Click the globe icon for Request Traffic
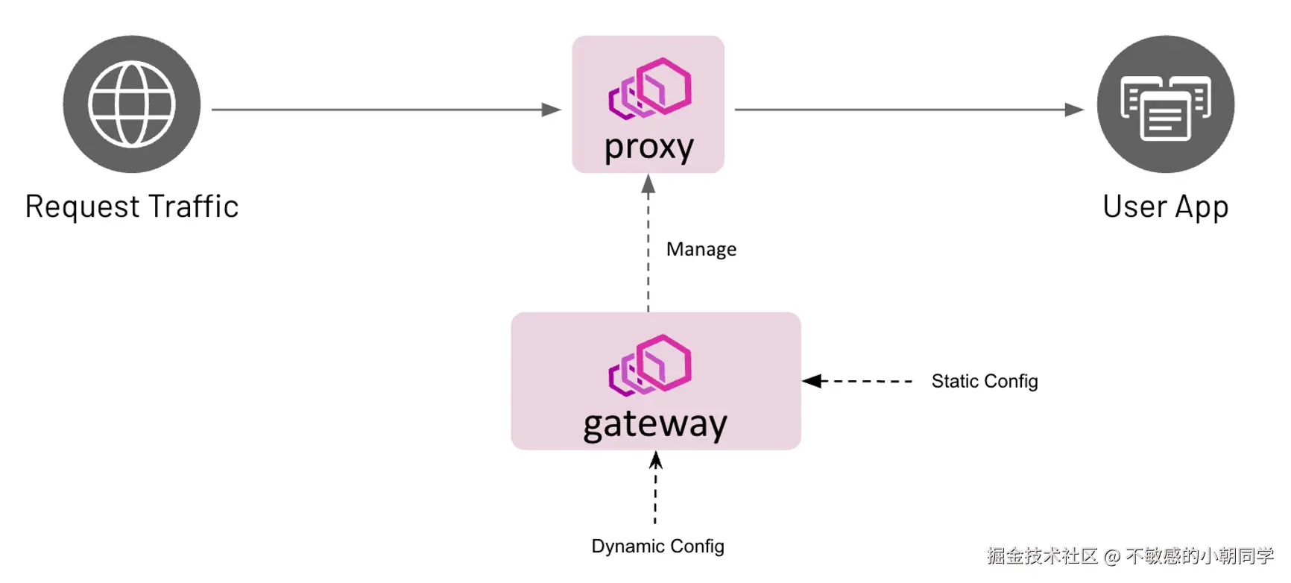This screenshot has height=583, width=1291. (x=131, y=104)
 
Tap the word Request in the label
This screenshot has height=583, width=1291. (x=82, y=207)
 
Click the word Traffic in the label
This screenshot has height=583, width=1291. (x=193, y=207)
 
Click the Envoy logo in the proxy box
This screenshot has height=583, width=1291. (x=650, y=88)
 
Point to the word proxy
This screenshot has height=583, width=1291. (x=648, y=148)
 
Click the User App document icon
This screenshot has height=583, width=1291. (x=1165, y=106)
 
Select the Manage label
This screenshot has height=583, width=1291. (x=701, y=249)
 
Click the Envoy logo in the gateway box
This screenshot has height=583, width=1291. (x=650, y=365)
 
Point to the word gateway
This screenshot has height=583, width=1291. (x=654, y=425)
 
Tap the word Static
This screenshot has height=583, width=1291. (x=955, y=381)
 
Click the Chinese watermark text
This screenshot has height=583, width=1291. (x=1130, y=556)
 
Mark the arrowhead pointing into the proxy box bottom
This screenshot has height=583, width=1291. (x=648, y=184)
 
